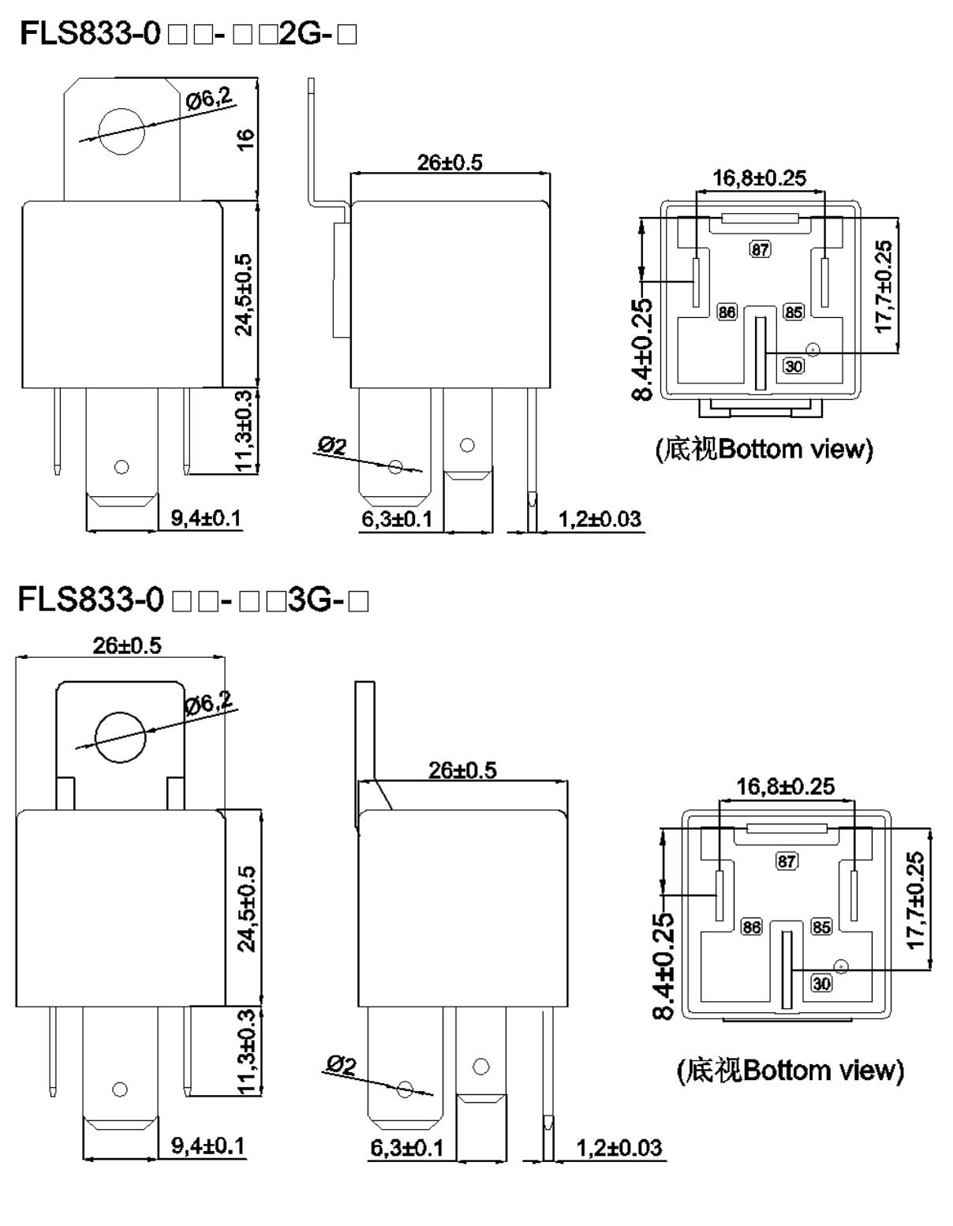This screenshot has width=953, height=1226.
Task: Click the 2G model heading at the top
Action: pyautogui.click(x=189, y=33)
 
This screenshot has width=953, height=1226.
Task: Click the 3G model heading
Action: pyautogui.click(x=193, y=599)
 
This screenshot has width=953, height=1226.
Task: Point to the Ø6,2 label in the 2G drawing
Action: pyautogui.click(x=208, y=99)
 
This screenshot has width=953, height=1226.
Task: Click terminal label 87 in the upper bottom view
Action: pyautogui.click(x=761, y=249)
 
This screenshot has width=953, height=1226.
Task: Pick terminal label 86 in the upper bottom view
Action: pyautogui.click(x=727, y=312)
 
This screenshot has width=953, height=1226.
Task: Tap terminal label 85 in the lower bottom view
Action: pyautogui.click(x=821, y=926)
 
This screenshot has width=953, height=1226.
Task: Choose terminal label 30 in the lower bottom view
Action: pyautogui.click(x=821, y=983)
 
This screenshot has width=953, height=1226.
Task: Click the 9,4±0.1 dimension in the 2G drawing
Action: pyautogui.click(x=206, y=518)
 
